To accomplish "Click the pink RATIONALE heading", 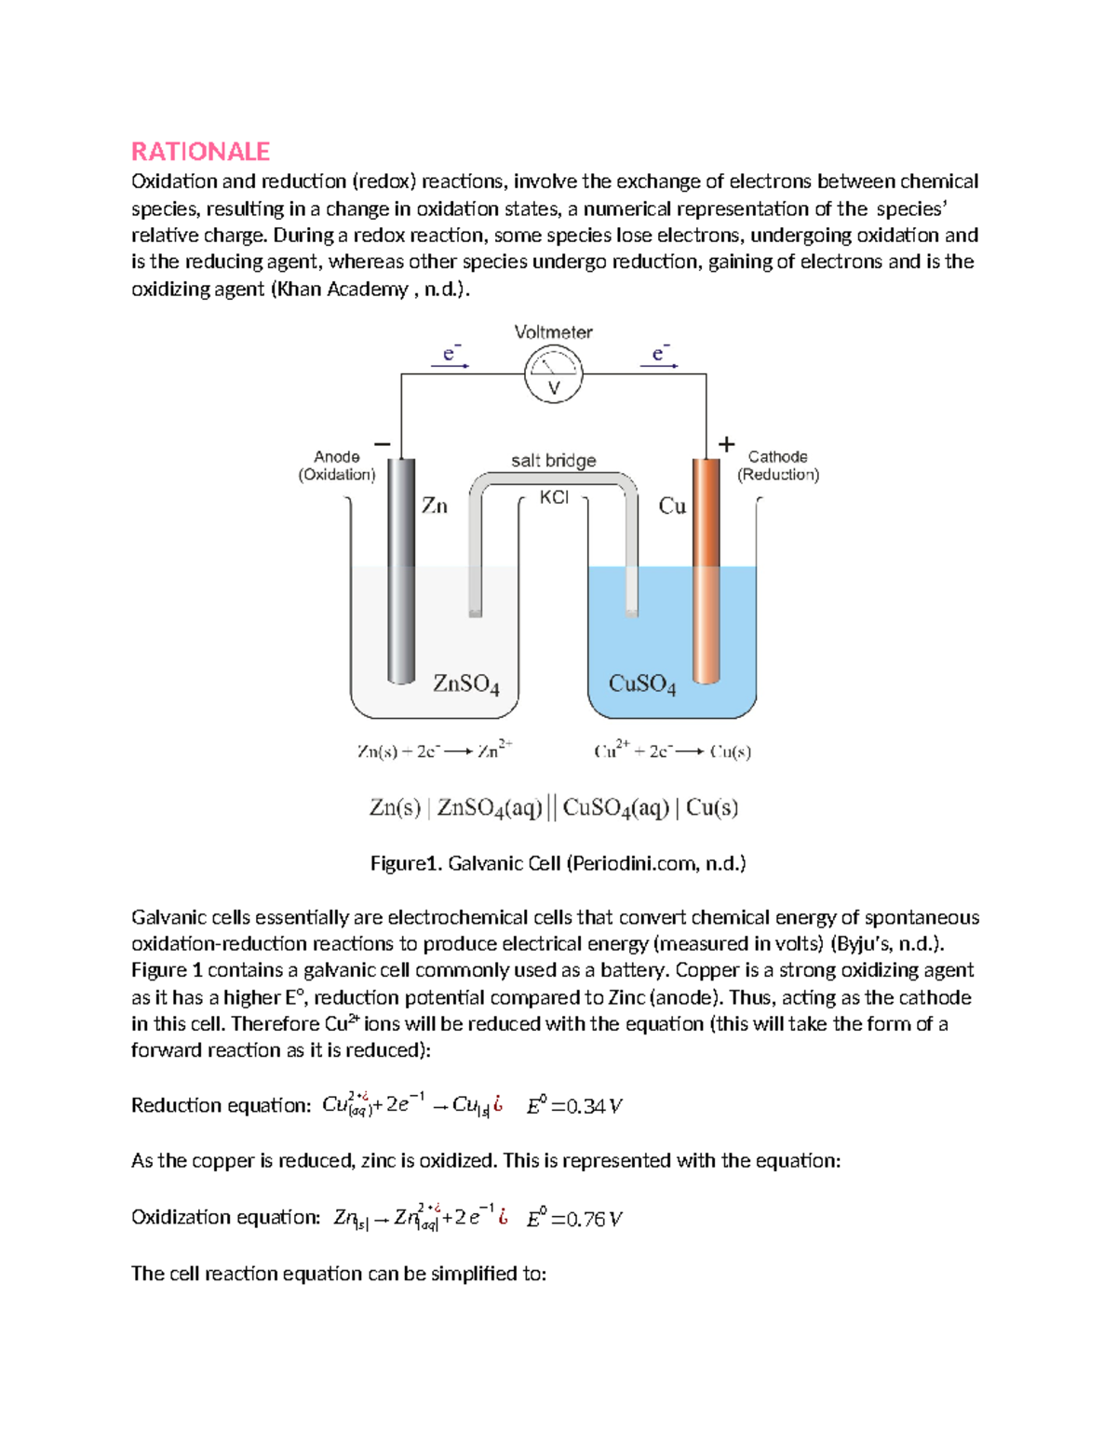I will tap(200, 151).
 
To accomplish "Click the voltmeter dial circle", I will tap(554, 375).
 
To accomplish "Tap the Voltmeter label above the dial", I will tap(554, 332).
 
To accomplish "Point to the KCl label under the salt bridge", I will tap(554, 498).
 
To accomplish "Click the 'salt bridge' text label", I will tap(554, 460).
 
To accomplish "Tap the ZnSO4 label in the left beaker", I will tap(466, 684).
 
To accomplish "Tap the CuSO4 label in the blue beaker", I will tap(642, 684).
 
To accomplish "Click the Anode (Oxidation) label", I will tap(337, 466).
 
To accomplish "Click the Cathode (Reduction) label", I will tap(778, 466).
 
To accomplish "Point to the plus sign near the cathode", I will tap(727, 444).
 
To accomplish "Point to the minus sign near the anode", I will tap(382, 444).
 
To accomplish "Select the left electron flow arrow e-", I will tap(451, 357).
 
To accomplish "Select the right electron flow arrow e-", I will tap(659, 357).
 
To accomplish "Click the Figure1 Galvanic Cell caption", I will tap(558, 863).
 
